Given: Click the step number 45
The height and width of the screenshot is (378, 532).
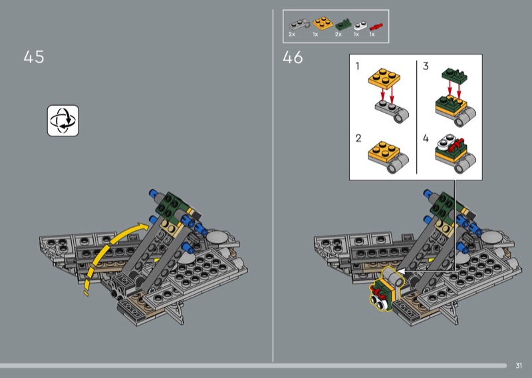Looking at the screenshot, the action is (x=34, y=57).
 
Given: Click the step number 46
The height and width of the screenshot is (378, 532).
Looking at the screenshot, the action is (x=293, y=57).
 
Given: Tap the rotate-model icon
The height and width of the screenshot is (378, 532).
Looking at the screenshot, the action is (x=63, y=120).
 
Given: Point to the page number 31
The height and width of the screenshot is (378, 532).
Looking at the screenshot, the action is (x=519, y=365).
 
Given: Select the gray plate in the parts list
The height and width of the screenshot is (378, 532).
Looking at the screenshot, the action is (x=299, y=24).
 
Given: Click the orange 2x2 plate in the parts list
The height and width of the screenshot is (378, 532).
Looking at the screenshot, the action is (x=323, y=23).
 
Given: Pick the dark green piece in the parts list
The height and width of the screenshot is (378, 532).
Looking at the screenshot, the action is (x=343, y=25).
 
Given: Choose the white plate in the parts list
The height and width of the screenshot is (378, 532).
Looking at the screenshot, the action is (x=360, y=26).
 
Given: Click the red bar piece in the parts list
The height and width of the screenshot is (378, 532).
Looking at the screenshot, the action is (x=376, y=27).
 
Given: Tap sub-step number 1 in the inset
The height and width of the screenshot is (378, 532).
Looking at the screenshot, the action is (x=357, y=65).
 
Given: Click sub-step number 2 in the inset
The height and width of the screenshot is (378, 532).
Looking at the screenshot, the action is (x=358, y=138).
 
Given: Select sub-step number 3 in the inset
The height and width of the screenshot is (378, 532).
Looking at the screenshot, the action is (x=426, y=65).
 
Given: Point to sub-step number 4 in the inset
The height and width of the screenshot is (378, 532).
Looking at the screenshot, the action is (x=426, y=138).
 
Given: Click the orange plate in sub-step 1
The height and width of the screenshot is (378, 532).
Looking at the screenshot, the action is (x=384, y=79).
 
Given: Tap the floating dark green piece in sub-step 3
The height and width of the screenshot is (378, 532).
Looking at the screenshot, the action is (x=454, y=76).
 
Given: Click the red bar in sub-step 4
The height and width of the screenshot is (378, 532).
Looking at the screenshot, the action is (x=456, y=145).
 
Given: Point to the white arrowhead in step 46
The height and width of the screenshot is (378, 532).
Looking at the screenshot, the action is (x=401, y=272).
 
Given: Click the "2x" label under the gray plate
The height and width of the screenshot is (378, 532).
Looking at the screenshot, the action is (x=292, y=35).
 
